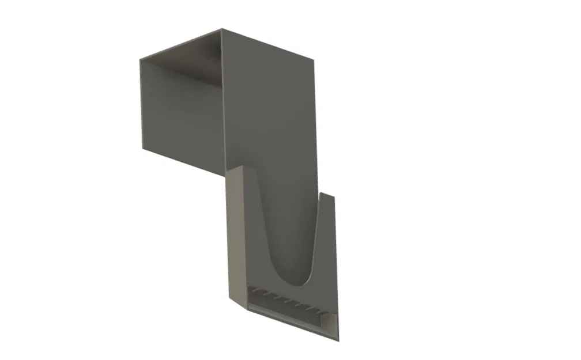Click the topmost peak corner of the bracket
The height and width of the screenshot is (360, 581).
221,29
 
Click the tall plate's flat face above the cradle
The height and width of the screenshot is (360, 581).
271,115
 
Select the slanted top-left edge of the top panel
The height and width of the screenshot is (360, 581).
180,44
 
